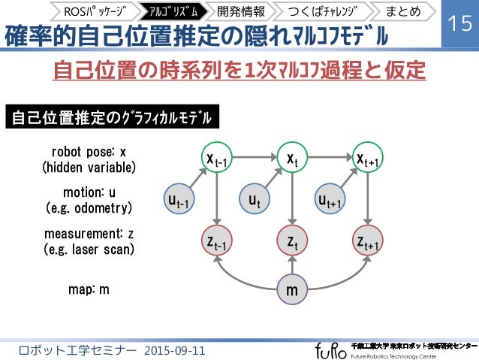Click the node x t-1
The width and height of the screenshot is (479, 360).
[x=216, y=158]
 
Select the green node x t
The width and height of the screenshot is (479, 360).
[x=291, y=158]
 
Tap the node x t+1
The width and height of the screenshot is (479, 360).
[x=366, y=158]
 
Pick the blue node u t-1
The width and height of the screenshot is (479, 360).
[x=179, y=200]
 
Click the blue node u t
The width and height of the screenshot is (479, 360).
[x=255, y=200]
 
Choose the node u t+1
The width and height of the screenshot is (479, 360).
[x=329, y=200]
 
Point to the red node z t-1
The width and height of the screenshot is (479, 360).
[x=216, y=241]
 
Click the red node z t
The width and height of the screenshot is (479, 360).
[x=291, y=241]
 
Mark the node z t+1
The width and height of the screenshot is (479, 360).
[x=366, y=241]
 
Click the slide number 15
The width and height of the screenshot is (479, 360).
[x=459, y=24]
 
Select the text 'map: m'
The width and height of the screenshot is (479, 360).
[x=88, y=289]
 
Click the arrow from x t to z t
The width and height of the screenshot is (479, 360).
[x=291, y=199]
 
